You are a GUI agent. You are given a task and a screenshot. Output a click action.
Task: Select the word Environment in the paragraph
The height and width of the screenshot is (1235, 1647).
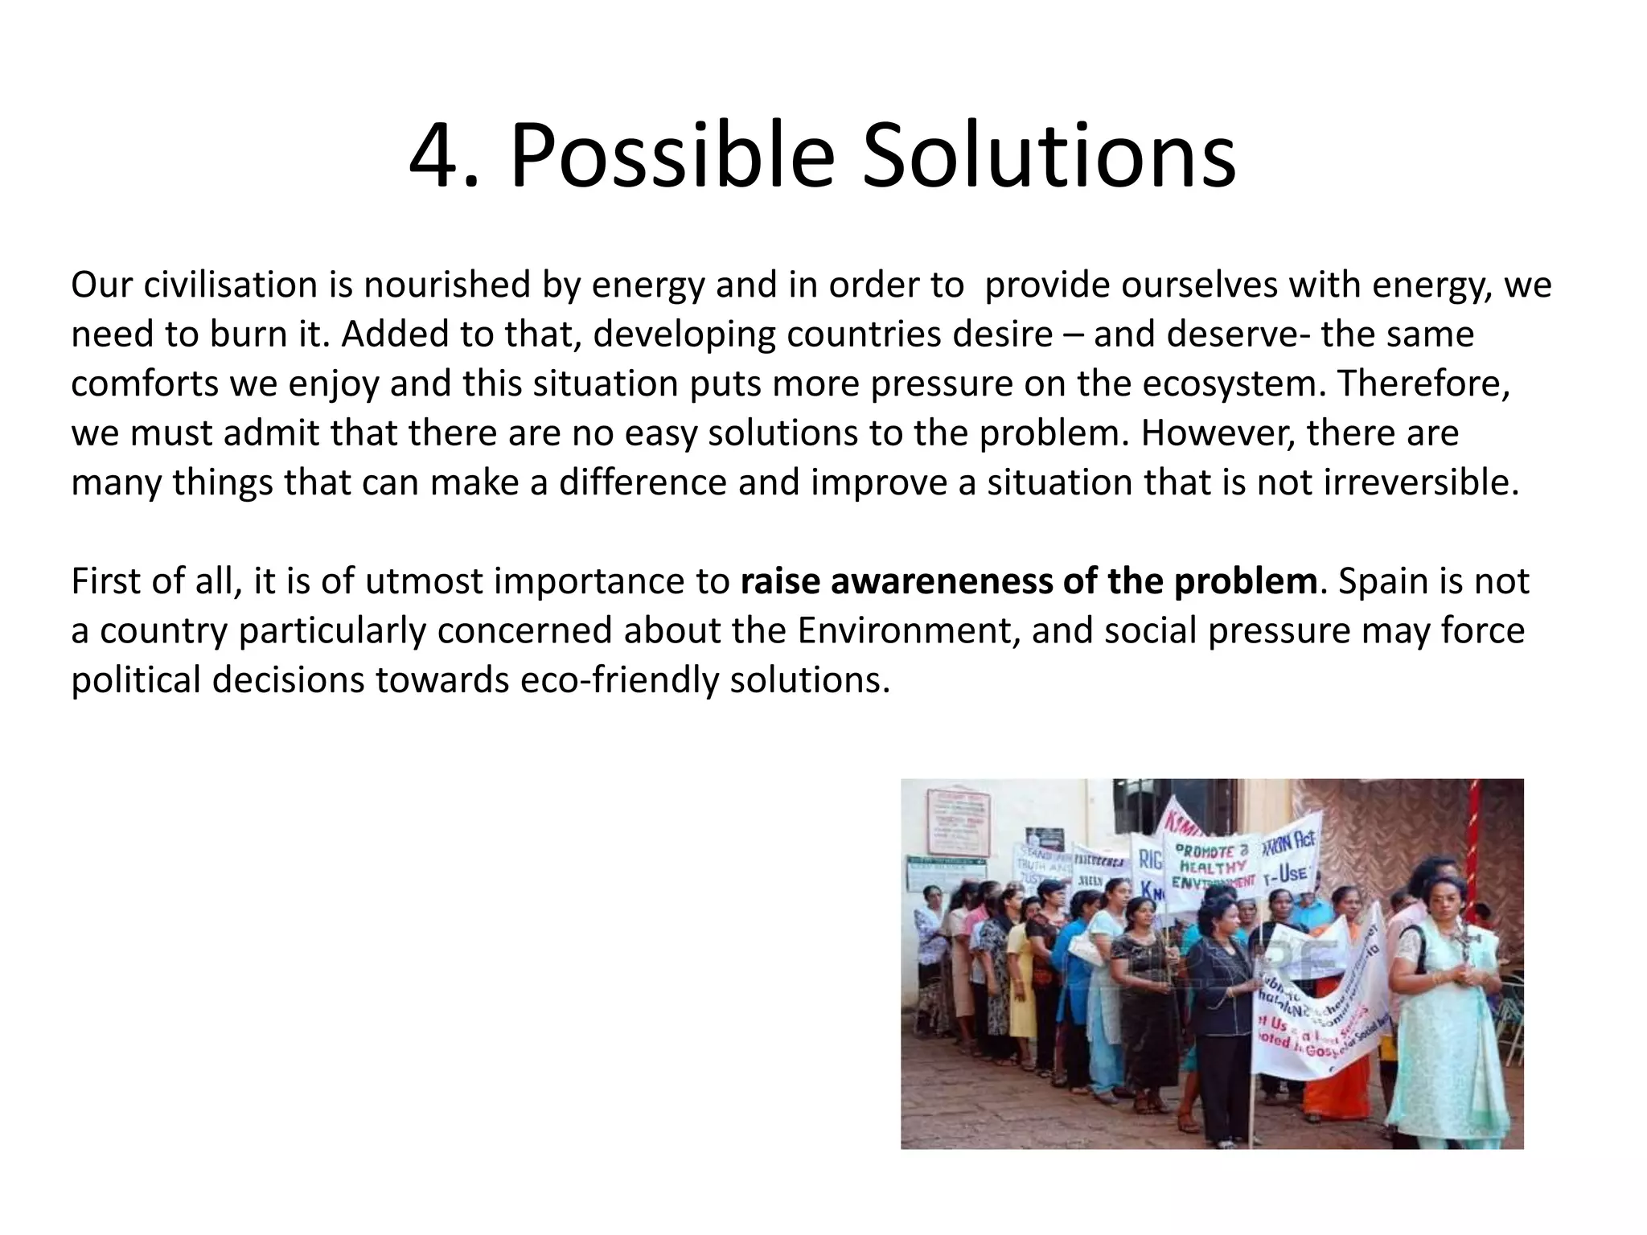point(909,630)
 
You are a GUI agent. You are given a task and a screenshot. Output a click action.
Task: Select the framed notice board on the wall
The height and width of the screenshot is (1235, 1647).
point(959,822)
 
